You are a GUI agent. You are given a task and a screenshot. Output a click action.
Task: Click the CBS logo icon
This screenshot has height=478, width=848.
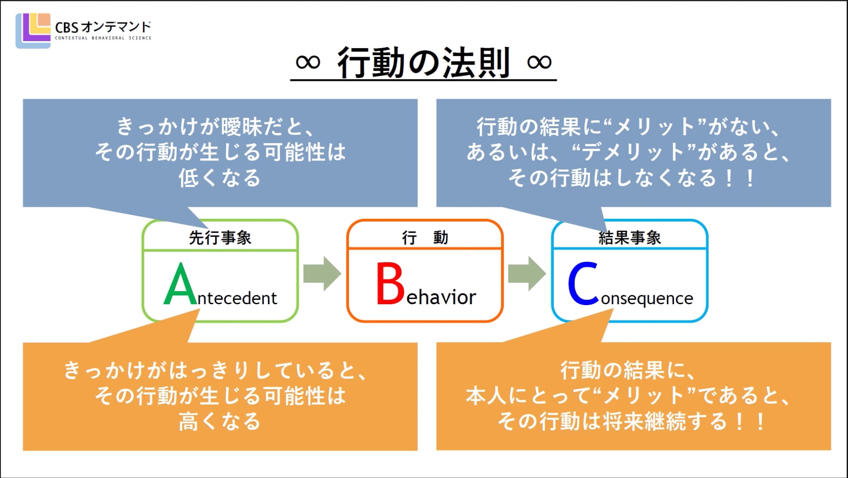click(x=33, y=30)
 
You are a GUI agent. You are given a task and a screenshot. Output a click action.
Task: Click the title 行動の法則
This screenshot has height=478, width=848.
click(x=424, y=63)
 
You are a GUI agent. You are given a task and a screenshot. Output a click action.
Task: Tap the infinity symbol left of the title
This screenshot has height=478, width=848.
click(x=308, y=62)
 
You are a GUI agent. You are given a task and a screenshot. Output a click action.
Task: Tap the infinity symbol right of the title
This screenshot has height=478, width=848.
click(x=539, y=62)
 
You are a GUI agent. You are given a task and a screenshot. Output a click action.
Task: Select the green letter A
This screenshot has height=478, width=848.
click(x=180, y=284)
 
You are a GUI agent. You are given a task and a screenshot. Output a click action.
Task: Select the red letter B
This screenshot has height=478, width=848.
click(x=390, y=283)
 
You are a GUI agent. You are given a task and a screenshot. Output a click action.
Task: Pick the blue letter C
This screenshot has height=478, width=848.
click(x=583, y=283)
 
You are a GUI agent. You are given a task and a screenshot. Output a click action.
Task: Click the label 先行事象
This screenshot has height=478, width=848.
click(x=220, y=238)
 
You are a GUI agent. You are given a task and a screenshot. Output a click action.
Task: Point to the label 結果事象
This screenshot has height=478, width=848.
click(x=630, y=238)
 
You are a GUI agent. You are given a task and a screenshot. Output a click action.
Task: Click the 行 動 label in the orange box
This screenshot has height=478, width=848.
click(x=425, y=238)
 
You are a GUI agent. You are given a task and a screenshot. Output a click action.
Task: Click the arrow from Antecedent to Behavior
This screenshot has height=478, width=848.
click(x=322, y=274)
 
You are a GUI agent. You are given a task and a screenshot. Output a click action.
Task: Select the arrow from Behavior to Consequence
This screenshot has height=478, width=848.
click(x=527, y=274)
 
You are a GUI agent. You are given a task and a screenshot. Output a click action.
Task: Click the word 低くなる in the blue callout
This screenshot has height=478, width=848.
click(x=220, y=178)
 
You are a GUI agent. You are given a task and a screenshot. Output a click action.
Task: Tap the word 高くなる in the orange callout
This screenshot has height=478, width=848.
click(x=220, y=421)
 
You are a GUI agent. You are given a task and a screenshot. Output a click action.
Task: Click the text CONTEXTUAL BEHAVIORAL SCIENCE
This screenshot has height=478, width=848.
click(x=103, y=38)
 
